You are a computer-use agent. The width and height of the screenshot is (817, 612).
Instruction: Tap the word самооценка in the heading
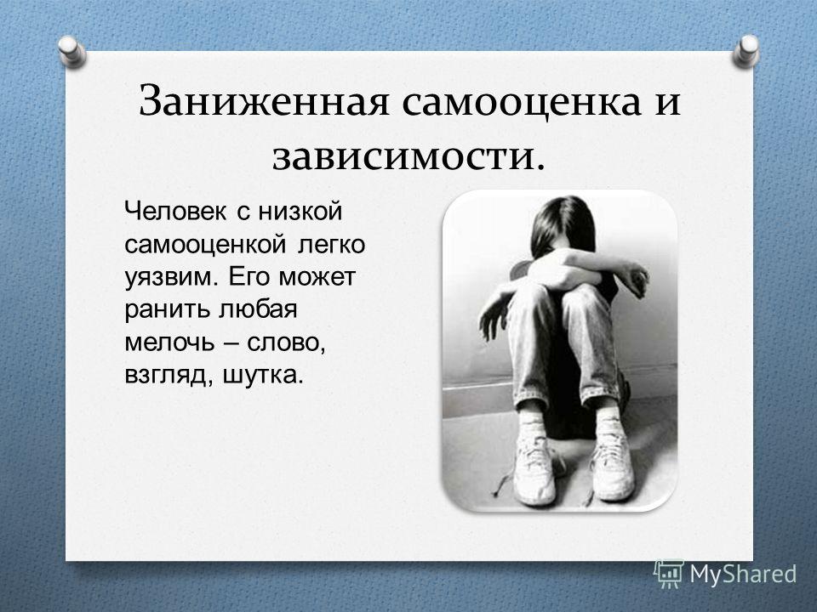tap(521, 101)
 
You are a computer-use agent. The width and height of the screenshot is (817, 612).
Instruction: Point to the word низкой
tap(300, 211)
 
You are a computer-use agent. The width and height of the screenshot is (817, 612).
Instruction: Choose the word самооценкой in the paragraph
tap(205, 244)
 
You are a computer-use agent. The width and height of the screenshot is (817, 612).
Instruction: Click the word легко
tap(331, 244)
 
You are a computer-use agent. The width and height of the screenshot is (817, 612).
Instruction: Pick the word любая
tap(257, 309)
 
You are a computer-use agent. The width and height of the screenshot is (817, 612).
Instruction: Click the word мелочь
tap(169, 342)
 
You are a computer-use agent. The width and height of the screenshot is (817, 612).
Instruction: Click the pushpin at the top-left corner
tap(71, 51)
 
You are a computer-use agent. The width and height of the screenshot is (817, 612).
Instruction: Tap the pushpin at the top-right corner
tap(746, 51)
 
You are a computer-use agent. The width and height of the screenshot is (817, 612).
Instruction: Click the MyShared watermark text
tap(744, 574)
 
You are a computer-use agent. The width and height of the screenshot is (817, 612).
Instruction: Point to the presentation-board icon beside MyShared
tap(669, 574)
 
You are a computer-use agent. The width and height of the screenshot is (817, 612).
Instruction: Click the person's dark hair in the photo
tap(563, 224)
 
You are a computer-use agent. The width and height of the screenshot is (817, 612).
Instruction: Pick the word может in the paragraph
tap(317, 277)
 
